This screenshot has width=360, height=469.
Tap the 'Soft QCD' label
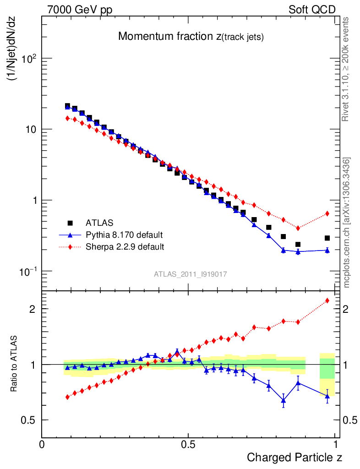[312, 10]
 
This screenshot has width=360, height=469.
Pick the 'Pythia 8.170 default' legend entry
[124, 235]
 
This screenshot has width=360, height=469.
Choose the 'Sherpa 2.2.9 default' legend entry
[125, 247]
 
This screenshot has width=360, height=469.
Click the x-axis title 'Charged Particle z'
[295, 457]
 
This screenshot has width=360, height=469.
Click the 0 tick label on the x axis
[42, 444]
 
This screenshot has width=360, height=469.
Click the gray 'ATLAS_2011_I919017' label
[191, 274]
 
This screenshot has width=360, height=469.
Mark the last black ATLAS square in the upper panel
[327, 238]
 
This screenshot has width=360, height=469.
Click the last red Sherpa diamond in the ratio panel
[327, 300]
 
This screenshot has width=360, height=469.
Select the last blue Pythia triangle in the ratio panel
[327, 396]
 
